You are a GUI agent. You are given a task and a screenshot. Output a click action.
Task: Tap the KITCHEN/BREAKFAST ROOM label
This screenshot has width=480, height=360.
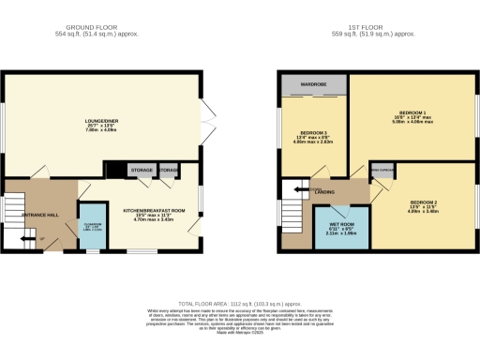(x=156, y=212)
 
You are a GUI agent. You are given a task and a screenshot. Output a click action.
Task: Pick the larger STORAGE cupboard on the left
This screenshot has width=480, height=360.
(x=142, y=171)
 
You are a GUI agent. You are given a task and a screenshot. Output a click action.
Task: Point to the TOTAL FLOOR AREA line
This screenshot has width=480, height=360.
(x=240, y=306)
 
